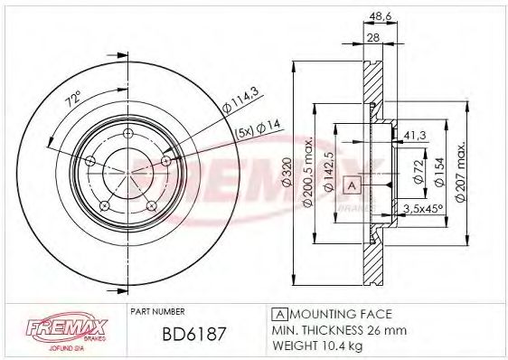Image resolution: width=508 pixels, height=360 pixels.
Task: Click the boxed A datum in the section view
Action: pos(352,185)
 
